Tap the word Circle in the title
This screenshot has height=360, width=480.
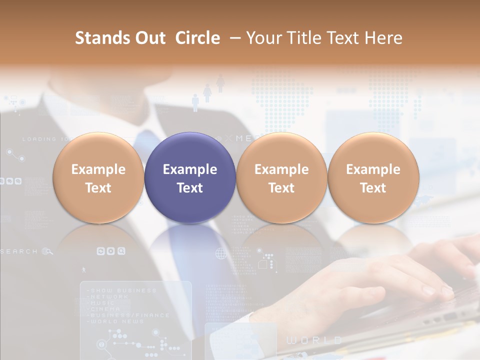pos(197,38)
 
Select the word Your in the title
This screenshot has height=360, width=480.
pos(263,38)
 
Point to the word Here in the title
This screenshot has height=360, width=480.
pos(384,38)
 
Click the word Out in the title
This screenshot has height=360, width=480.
pos(148,38)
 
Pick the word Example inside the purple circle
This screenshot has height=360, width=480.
pos(190,169)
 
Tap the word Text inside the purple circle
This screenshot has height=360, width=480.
pos(190,188)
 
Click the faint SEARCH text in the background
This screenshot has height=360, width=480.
pos(19,251)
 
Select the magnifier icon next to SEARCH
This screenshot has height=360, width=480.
pos(47,251)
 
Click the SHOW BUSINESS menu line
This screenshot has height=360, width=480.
pos(121,290)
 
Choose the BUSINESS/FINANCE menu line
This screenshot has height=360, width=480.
pos(128,315)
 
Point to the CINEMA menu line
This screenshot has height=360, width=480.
pos(102,309)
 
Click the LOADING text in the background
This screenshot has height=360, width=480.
pos(40,139)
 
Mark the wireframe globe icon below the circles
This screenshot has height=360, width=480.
pos(220,253)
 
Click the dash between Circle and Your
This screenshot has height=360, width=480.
pos(233,38)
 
